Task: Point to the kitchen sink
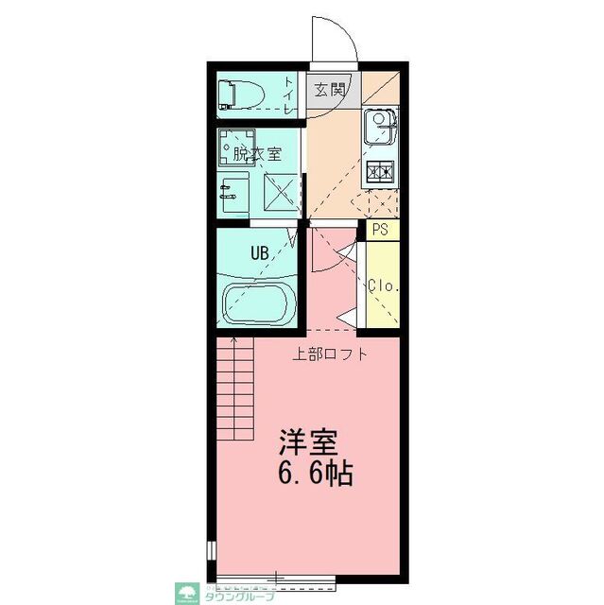(x=379, y=126)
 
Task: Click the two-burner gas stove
(x=379, y=173)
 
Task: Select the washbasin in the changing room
(x=233, y=195)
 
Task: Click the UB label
(x=258, y=252)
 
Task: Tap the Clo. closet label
(x=381, y=285)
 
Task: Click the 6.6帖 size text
(x=315, y=474)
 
